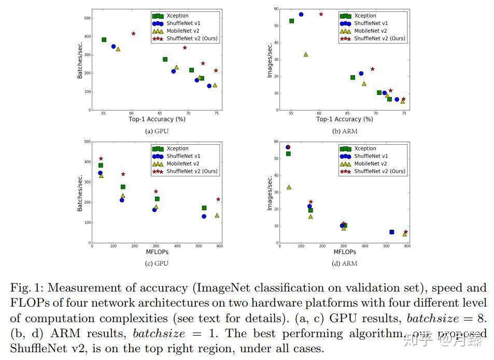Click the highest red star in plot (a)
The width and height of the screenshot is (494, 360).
[133, 34]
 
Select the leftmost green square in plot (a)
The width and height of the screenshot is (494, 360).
[104, 39]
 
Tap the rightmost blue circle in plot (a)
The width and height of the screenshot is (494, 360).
[209, 86]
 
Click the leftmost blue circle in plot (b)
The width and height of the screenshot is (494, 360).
[301, 15]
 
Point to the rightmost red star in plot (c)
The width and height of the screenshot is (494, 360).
[218, 199]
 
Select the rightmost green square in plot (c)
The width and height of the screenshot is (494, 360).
[204, 208]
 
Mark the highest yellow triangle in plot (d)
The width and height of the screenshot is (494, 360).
[289, 187]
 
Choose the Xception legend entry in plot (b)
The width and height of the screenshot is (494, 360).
[365, 16]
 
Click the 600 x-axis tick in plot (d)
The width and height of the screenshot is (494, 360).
[407, 246]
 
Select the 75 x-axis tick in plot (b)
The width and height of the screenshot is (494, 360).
[404, 113]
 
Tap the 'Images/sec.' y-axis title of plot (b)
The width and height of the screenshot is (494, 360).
[270, 60]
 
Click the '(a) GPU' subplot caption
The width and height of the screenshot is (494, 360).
[157, 131]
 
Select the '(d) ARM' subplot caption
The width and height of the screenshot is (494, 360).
[344, 263]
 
